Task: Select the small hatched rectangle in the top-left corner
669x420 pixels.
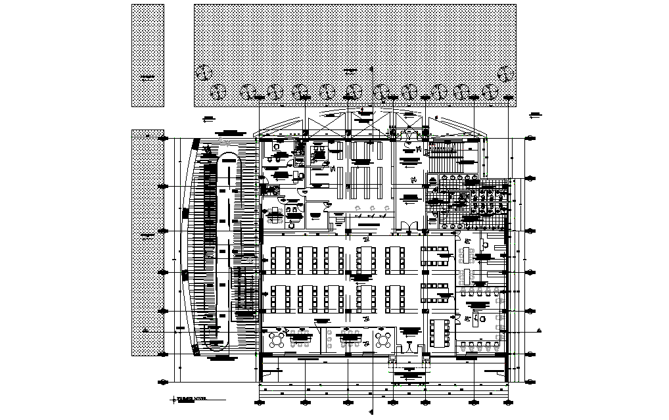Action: click(148, 55)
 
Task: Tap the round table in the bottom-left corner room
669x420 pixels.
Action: click(275, 339)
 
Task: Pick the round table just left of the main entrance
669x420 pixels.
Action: click(383, 339)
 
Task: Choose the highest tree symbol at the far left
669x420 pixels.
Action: click(204, 73)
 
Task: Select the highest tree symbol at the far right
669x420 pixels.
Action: click(505, 73)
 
